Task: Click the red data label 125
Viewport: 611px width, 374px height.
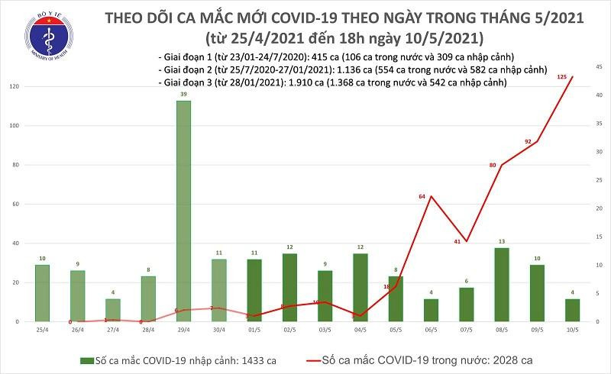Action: pyautogui.click(x=561, y=76)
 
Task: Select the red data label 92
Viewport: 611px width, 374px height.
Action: pyautogui.click(x=527, y=141)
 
